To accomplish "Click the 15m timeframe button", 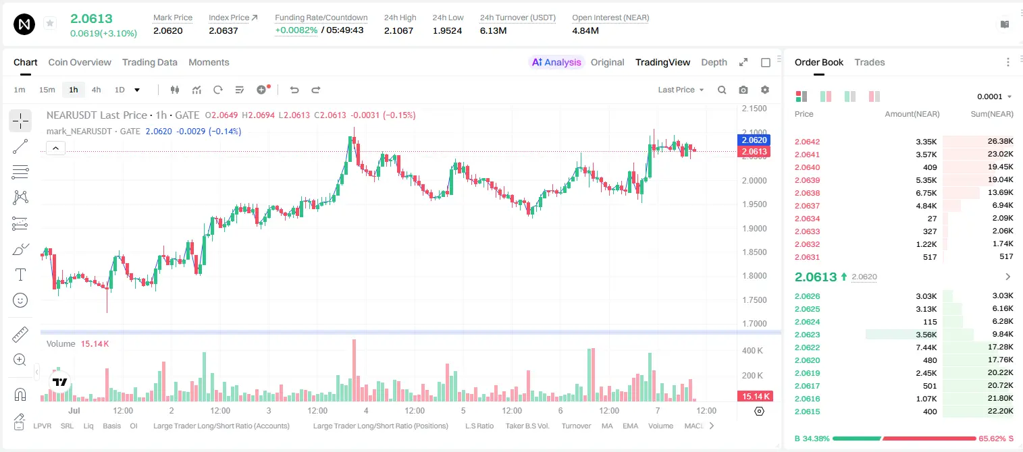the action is click(47, 90).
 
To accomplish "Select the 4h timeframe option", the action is click(96, 90).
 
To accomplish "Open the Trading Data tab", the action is click(150, 62).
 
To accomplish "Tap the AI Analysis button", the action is click(556, 62).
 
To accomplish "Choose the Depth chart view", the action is click(714, 62).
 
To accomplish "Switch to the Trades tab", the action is click(870, 62).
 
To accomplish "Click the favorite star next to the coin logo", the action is click(50, 23).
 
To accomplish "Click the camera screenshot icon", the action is click(743, 90).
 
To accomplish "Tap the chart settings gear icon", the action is click(765, 90).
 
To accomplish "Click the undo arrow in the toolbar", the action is click(294, 90).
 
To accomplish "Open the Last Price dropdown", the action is click(681, 90).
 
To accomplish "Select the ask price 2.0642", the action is click(807, 142).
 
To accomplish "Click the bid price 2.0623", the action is click(807, 335).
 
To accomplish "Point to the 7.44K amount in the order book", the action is click(926, 347).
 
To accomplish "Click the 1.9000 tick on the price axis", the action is click(754, 228).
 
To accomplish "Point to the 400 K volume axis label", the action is click(753, 351).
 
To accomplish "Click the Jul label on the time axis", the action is click(74, 410).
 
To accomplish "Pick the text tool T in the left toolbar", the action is click(20, 275).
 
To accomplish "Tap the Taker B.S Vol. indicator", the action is click(527, 426).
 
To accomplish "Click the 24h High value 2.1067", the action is click(398, 30).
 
